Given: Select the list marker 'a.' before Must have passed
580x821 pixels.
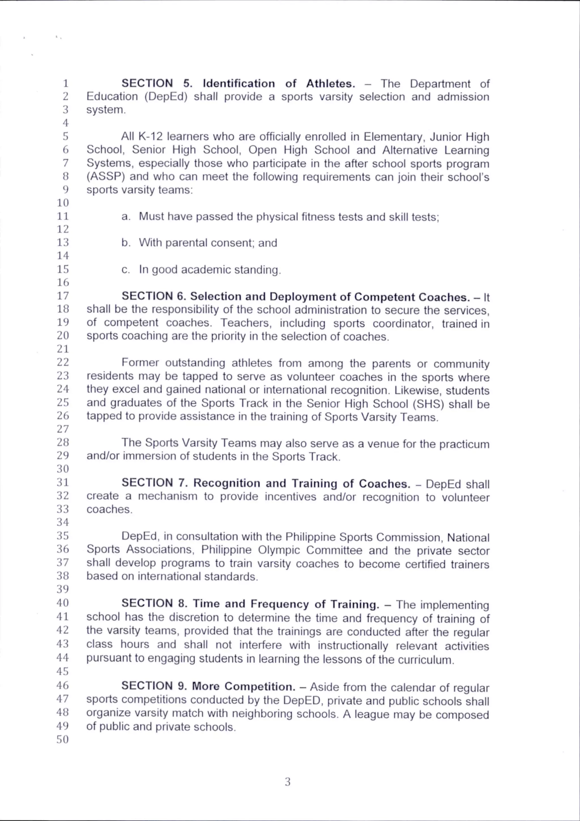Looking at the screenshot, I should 125,216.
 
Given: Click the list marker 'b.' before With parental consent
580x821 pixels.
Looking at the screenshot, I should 125,243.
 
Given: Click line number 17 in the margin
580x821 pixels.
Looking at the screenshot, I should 63,296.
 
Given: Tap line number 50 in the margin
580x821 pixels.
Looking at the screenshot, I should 63,740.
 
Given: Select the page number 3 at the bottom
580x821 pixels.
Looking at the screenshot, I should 288,782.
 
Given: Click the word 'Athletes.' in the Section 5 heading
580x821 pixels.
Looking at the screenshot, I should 330,83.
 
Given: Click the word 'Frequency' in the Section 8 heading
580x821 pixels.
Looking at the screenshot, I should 280,604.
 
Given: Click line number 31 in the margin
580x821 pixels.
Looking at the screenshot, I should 63,482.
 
